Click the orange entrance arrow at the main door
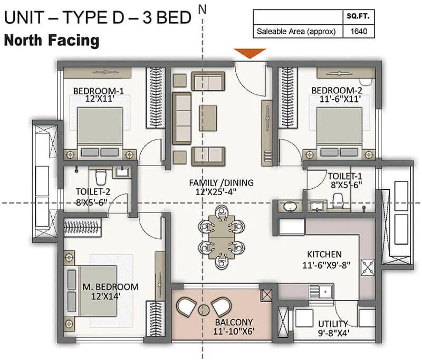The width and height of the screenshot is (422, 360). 250,53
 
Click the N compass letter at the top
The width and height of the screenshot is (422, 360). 202,7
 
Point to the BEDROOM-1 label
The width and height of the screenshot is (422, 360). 97,89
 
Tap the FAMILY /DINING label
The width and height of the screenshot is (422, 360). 221,183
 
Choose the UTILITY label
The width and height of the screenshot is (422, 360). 333,324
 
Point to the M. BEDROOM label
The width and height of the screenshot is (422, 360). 110,287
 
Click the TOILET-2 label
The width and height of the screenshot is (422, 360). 85,192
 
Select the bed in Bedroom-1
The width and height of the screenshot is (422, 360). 100,129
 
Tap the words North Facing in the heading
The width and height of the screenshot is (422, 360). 51,40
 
